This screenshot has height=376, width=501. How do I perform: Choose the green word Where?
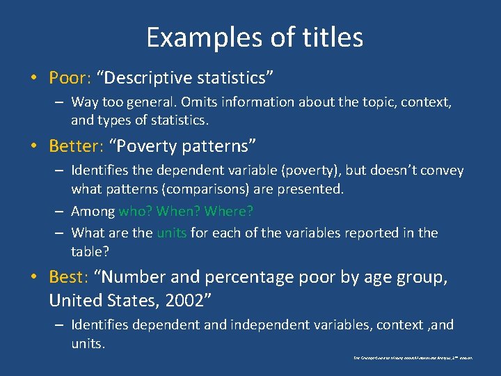pos(231,210)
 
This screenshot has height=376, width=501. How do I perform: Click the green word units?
pos(171,233)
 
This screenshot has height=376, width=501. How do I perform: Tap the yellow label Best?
pos(67,277)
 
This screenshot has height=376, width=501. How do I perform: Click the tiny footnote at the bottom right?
pos(413,357)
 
